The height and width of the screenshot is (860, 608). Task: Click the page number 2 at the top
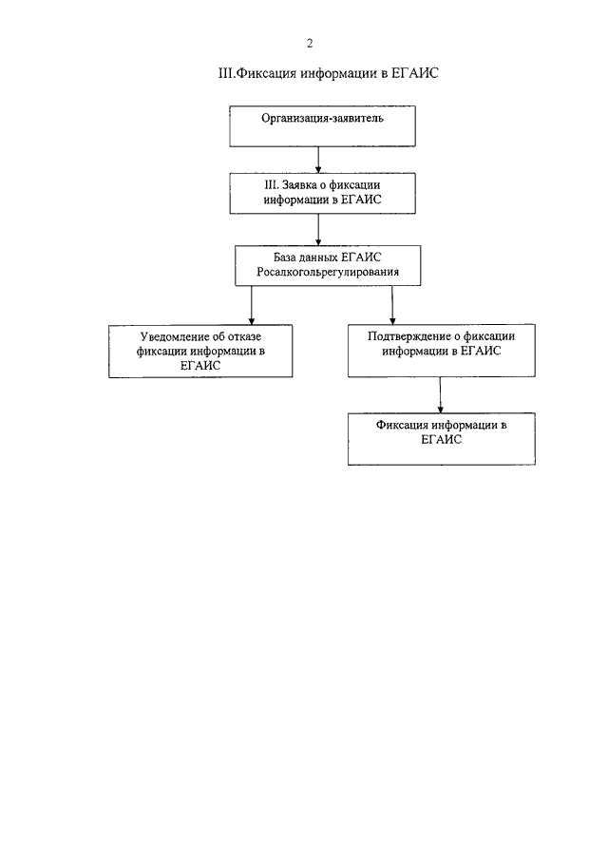(x=309, y=44)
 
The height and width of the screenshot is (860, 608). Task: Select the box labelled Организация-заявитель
(x=322, y=126)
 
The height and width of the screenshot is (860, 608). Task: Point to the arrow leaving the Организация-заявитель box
(x=318, y=160)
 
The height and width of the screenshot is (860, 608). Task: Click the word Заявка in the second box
(x=299, y=185)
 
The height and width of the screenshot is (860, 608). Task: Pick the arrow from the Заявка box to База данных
(x=318, y=229)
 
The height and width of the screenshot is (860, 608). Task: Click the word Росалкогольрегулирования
(x=328, y=272)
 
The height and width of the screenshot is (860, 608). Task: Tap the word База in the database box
(x=285, y=258)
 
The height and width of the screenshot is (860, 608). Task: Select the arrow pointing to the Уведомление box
(x=252, y=305)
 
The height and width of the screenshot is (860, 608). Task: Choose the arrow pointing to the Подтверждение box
(x=392, y=305)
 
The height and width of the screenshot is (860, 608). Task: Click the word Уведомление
(x=175, y=336)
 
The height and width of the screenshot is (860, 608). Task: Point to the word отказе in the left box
(x=243, y=336)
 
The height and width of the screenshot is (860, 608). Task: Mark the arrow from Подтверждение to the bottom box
(x=440, y=395)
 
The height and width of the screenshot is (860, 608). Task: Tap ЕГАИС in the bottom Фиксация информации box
(x=442, y=439)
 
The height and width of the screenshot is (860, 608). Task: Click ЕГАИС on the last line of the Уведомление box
(x=200, y=366)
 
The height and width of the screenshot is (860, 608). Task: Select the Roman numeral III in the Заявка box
(x=272, y=185)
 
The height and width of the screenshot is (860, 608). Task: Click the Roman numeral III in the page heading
(x=226, y=73)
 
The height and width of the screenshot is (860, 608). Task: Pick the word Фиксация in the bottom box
(x=402, y=425)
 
